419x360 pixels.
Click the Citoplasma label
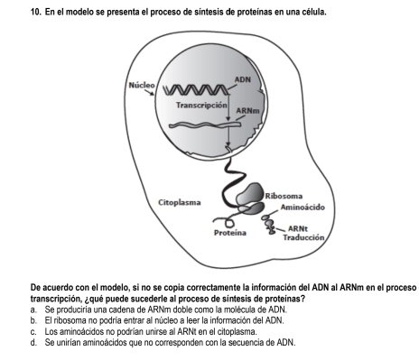coord(180,203)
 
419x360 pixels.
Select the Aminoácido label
coord(303,208)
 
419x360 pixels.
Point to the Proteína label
coord(230,233)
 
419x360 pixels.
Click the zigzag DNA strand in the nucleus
coord(197,89)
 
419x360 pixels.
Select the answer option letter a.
coord(33,309)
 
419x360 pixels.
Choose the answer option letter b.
coord(33,319)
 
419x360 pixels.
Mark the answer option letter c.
coord(33,331)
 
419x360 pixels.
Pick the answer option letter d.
coord(33,342)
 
